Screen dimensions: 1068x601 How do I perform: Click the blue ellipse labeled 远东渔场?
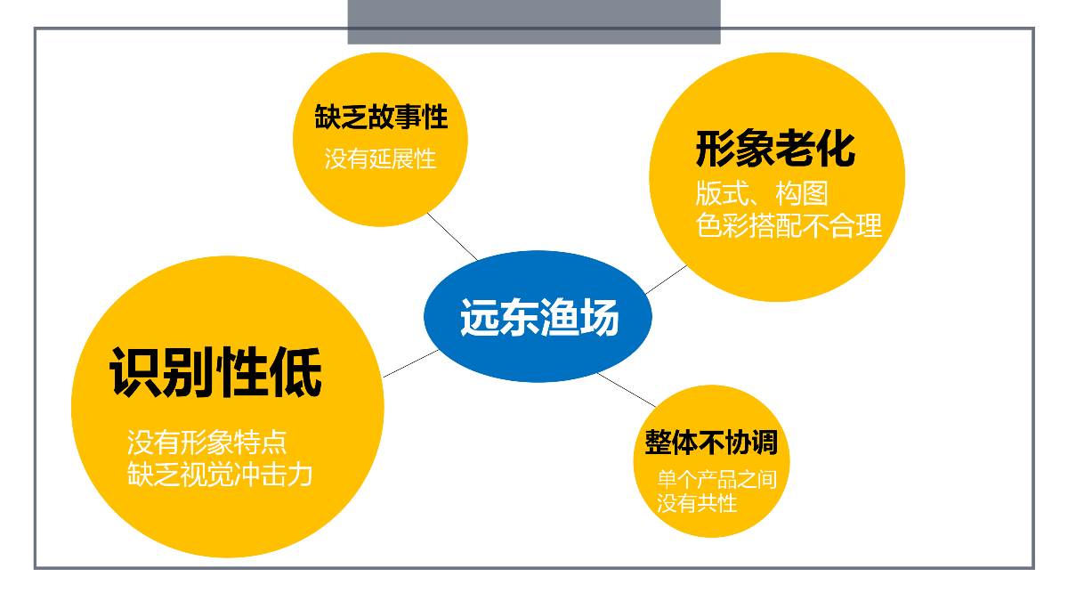pos(538,316)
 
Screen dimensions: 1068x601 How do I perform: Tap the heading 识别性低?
pos(216,372)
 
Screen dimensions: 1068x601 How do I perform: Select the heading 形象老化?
pos(776,149)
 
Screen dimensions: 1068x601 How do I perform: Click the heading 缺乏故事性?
pos(381,117)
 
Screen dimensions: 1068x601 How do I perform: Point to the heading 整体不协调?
pos(711,443)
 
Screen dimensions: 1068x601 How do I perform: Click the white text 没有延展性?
pos(380,158)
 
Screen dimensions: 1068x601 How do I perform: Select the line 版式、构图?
pos(762,194)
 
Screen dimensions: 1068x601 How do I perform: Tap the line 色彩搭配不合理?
pos(789,225)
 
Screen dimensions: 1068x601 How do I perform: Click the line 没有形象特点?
pos(206,443)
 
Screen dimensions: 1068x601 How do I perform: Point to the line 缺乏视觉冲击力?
pos(220,475)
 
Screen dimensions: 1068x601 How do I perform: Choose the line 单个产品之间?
pos(717,479)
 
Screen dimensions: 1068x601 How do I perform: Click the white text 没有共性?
pos(697,503)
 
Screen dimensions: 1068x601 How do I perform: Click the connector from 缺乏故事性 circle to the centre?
pos(452,237)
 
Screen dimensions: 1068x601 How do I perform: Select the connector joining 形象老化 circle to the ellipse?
pos(666,280)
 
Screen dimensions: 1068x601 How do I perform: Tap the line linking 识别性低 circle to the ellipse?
pos(410,363)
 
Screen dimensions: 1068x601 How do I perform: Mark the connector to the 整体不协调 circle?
pos(627,390)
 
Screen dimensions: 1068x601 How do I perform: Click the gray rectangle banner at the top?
pos(534,22)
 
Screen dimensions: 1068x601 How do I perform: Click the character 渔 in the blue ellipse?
pos(558,317)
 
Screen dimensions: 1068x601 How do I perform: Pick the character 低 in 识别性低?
pos(296,372)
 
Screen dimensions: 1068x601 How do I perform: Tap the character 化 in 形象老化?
pos(836,149)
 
